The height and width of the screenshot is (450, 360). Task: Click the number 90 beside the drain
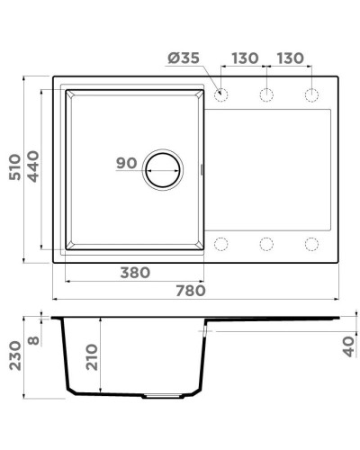point(127,164)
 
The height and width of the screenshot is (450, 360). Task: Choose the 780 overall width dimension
point(192,290)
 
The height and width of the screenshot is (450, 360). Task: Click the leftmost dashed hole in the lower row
point(221,242)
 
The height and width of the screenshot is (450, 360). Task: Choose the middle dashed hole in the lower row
point(266,242)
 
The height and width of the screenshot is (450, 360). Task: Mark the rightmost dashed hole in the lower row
point(311,242)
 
